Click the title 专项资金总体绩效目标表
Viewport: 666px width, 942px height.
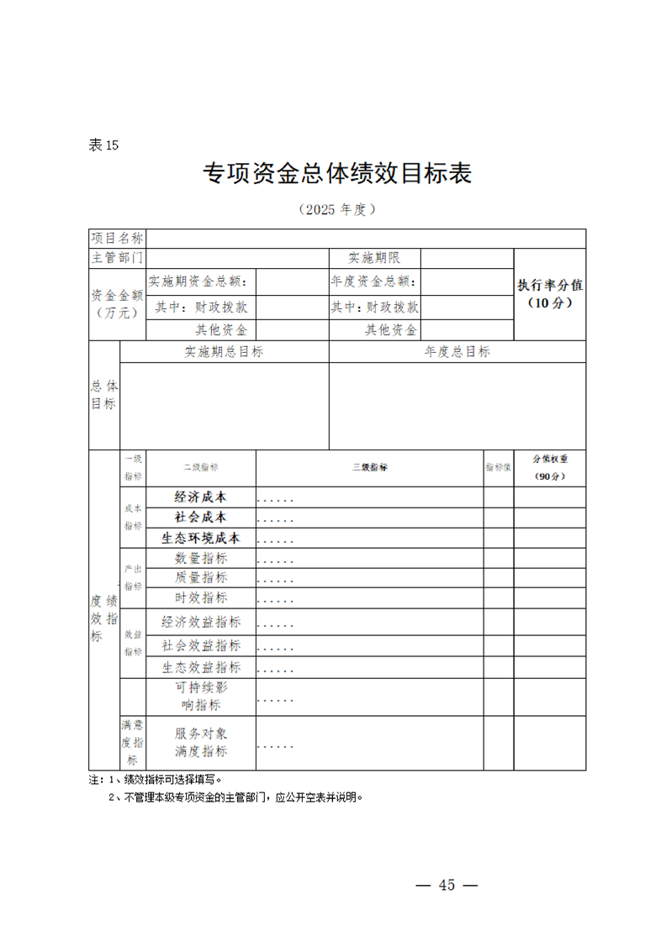(x=337, y=173)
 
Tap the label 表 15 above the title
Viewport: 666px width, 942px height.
(x=103, y=145)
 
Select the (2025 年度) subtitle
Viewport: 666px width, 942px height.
(x=336, y=209)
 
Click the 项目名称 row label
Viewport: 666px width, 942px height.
(x=117, y=238)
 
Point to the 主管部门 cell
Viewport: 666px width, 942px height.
(x=117, y=257)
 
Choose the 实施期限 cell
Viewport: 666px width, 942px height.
(x=374, y=257)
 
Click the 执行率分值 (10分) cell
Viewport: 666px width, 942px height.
(x=549, y=293)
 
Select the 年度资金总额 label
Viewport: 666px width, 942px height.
(x=373, y=282)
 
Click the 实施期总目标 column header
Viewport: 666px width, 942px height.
(x=224, y=352)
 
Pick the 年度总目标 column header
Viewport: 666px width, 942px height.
(x=457, y=352)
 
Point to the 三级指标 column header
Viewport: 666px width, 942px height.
(x=369, y=467)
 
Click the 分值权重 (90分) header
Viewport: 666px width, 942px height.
(x=550, y=467)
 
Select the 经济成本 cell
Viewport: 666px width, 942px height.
(x=200, y=497)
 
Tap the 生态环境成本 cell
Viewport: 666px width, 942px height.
(x=200, y=538)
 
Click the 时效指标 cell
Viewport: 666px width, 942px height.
(x=200, y=597)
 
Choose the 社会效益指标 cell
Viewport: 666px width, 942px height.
(x=200, y=645)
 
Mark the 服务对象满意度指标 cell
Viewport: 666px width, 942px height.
(x=200, y=742)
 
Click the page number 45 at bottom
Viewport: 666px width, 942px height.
(x=447, y=885)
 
